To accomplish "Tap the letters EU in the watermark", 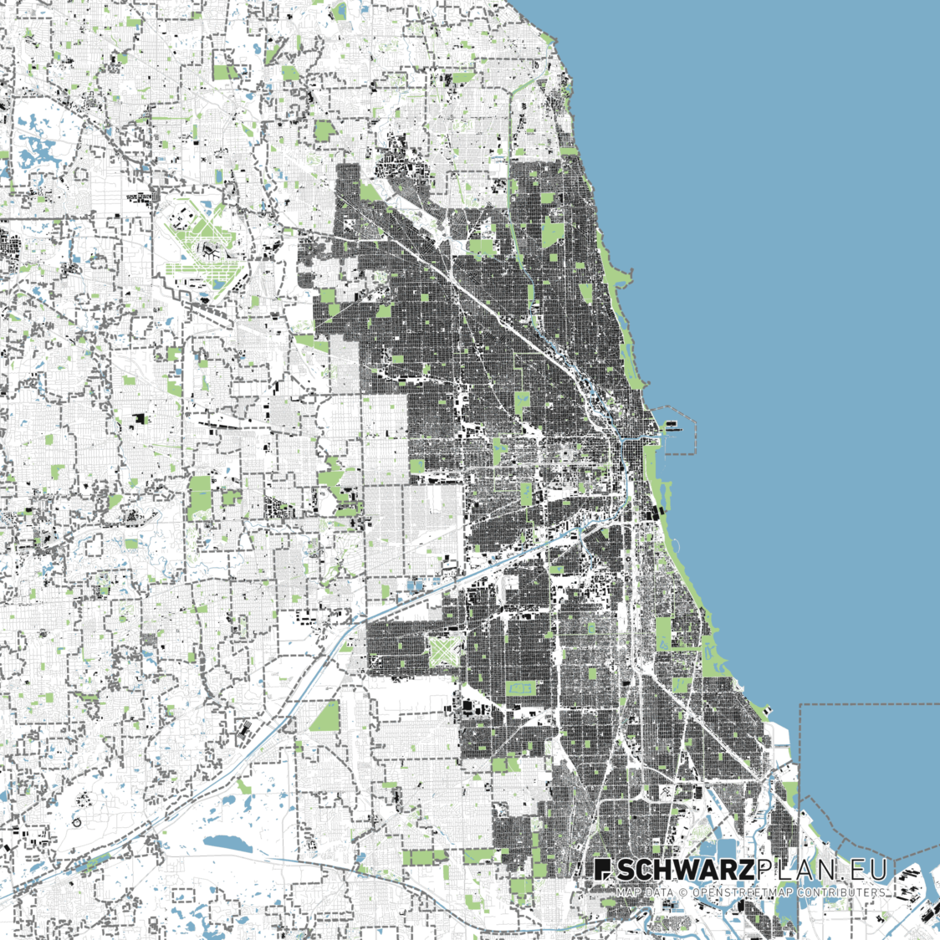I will point(866,871).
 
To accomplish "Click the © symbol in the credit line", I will point(681,893).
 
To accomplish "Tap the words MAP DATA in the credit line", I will point(644,893).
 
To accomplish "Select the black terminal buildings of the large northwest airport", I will point(208,248).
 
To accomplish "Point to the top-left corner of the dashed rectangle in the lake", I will point(800,705).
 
